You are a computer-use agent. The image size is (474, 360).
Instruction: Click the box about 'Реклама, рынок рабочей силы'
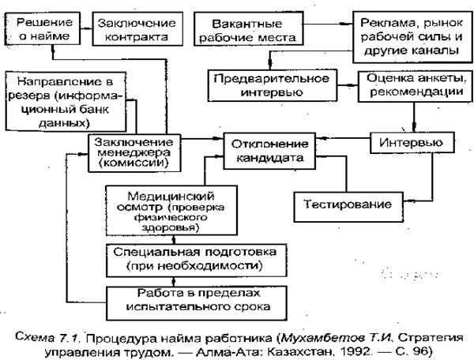tap(408, 35)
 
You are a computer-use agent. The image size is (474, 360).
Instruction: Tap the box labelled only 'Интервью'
tap(412, 143)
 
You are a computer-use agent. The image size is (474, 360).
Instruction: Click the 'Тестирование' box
tap(348, 204)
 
